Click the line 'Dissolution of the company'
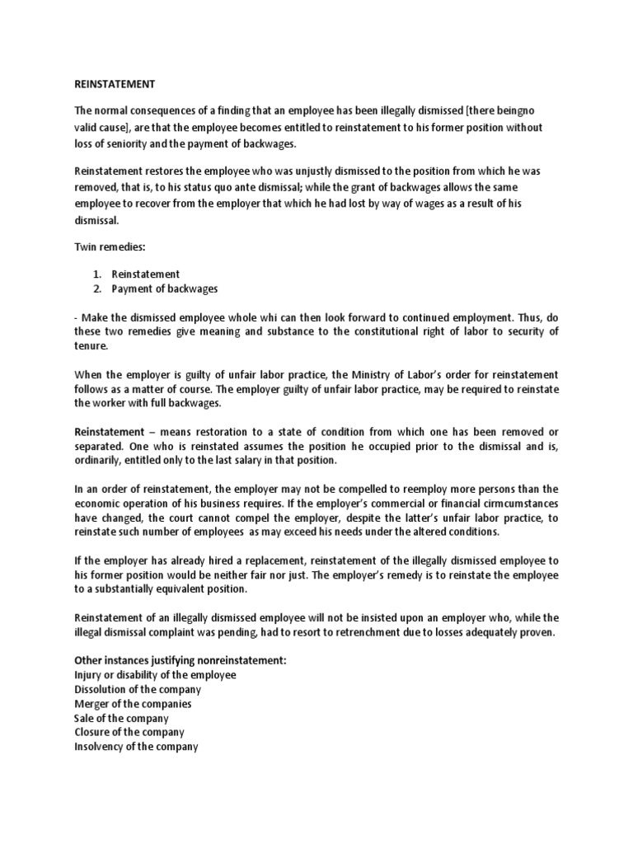(x=138, y=689)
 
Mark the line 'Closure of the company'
(x=129, y=732)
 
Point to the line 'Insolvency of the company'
(x=136, y=747)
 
